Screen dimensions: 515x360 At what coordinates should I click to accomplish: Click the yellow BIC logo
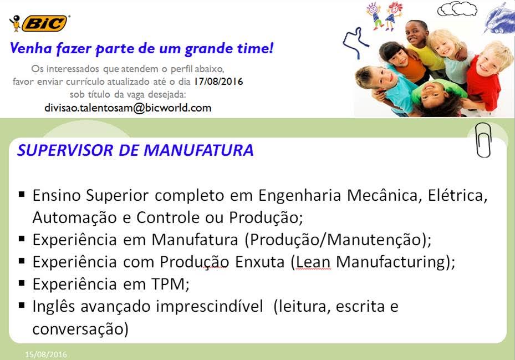(45, 23)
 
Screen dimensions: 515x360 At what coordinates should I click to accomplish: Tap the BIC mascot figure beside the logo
(15, 23)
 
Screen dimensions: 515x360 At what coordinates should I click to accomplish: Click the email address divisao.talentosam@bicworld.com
(128, 108)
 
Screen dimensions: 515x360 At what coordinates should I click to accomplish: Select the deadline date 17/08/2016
(218, 81)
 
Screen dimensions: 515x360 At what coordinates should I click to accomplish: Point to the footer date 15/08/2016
(46, 354)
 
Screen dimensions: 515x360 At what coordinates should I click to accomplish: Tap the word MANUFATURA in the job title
(198, 150)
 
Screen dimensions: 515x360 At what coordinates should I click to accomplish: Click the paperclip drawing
(483, 140)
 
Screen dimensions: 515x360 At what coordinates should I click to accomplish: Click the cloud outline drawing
(457, 9)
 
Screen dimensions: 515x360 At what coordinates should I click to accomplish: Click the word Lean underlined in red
(313, 262)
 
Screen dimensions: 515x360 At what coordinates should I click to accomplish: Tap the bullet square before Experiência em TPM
(22, 283)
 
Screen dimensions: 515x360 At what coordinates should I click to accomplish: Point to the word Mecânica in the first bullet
(384, 195)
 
